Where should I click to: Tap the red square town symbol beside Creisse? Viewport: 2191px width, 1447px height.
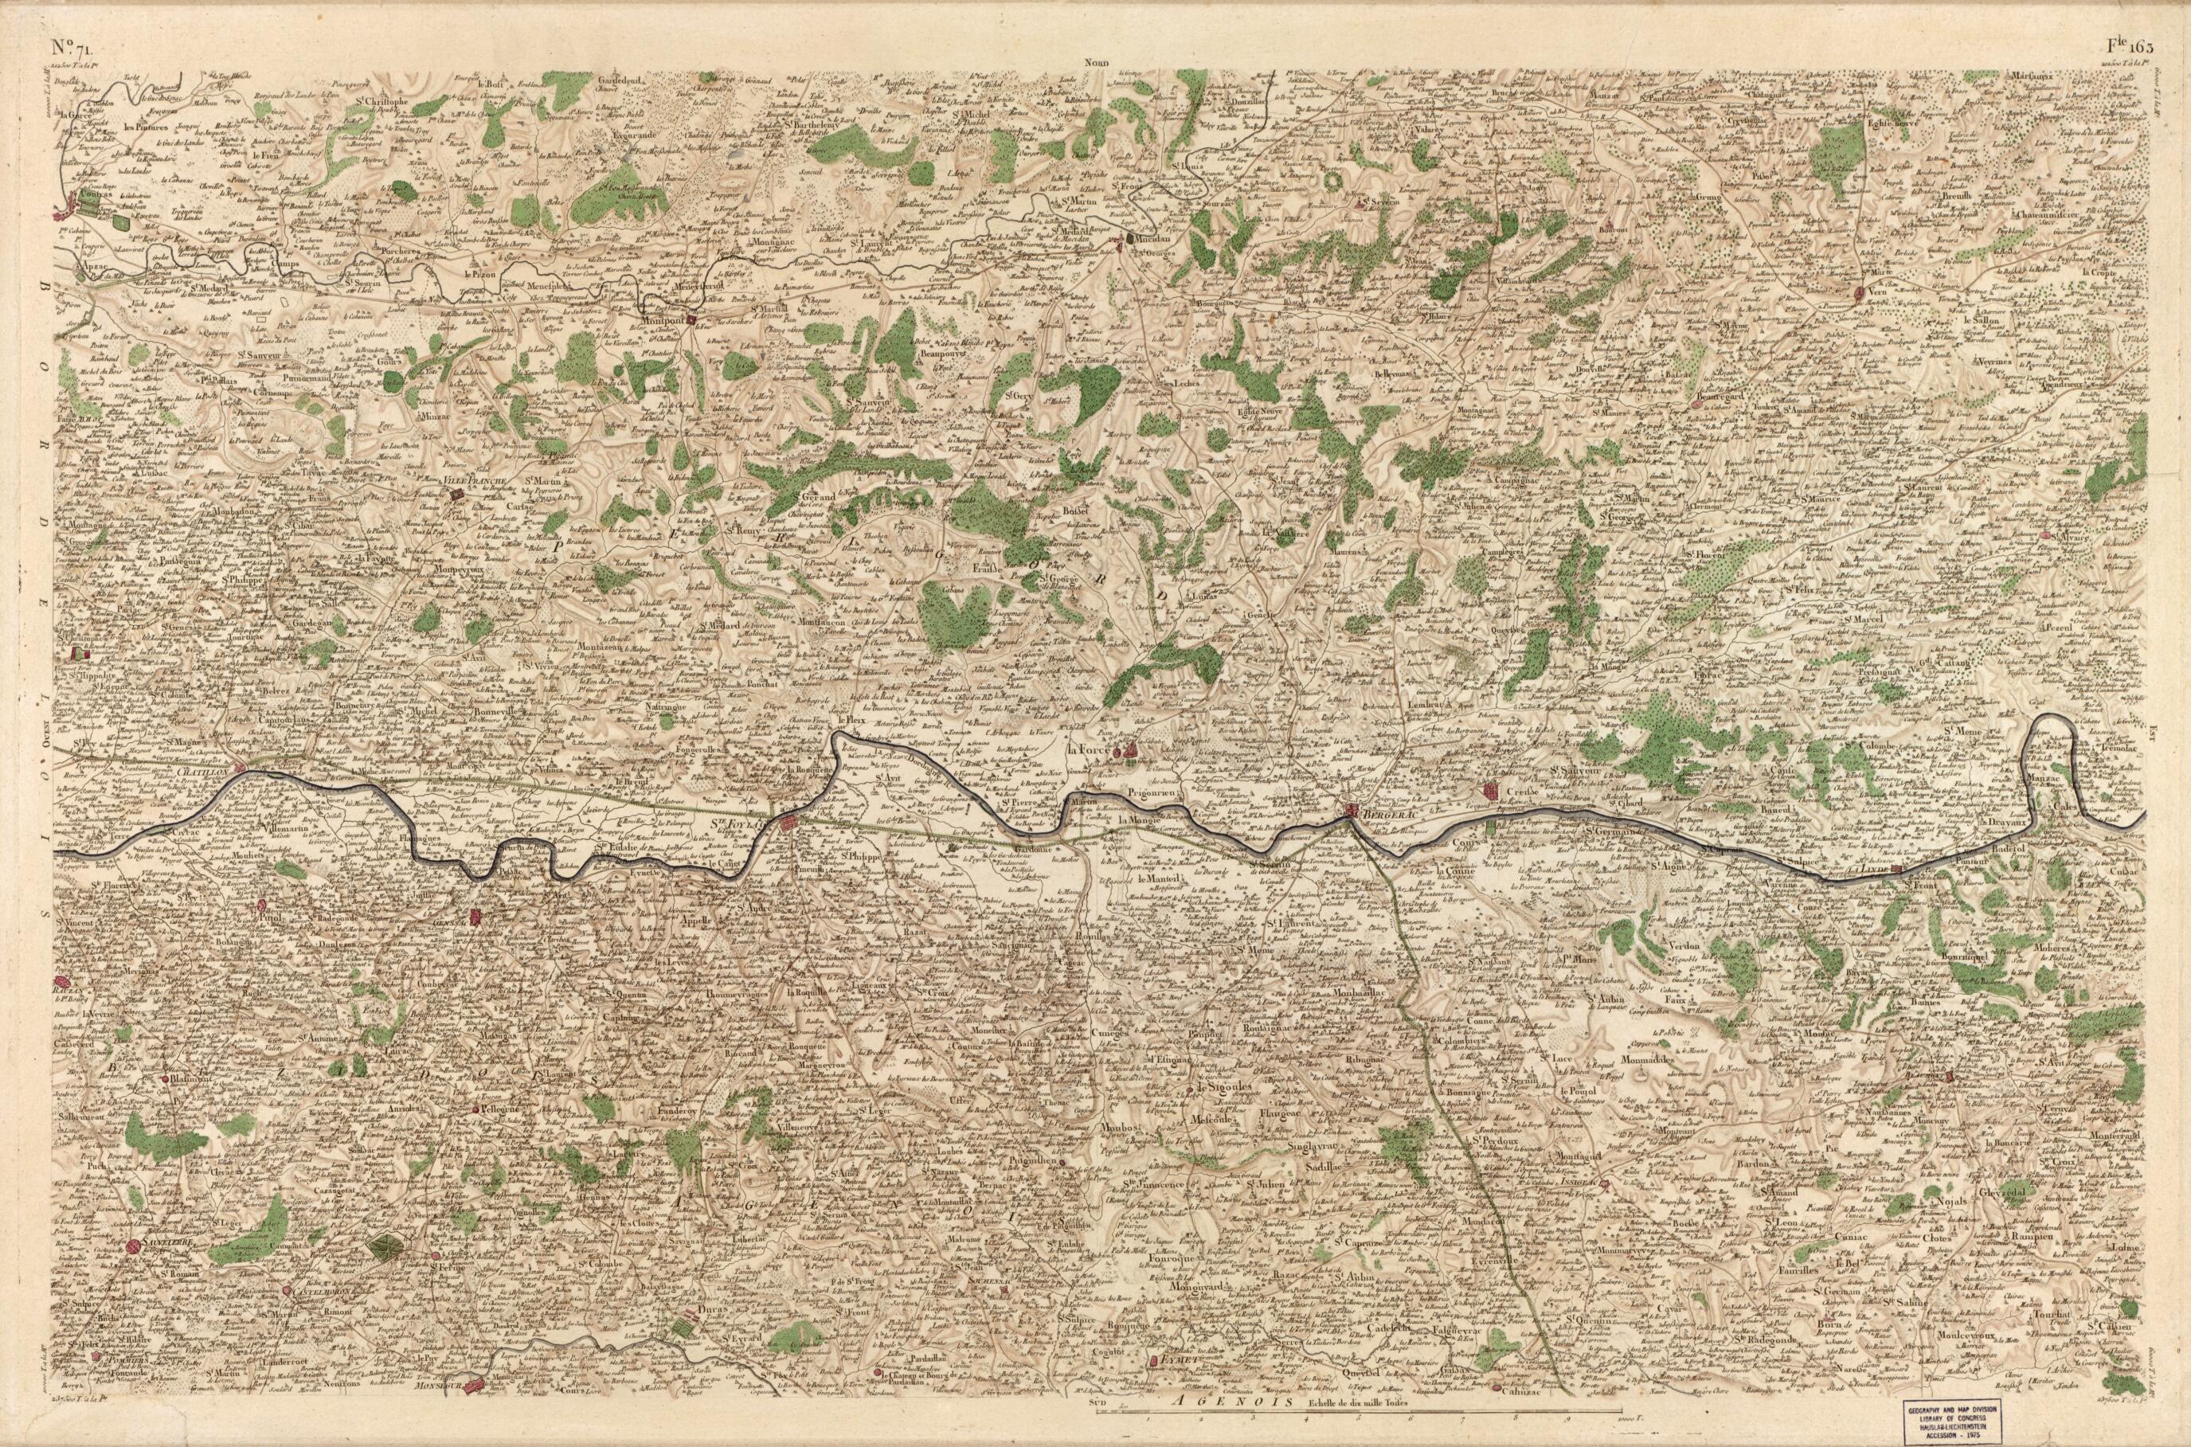(1490, 790)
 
